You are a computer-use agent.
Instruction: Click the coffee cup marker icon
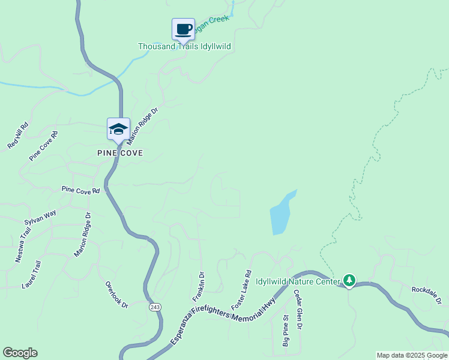click(x=184, y=29)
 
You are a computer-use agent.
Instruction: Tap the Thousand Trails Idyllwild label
click(x=184, y=46)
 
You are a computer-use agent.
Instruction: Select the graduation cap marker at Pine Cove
click(x=118, y=129)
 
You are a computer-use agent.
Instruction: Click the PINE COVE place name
click(x=120, y=153)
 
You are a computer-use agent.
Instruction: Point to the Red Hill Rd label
click(x=17, y=139)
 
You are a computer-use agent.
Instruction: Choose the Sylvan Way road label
click(x=40, y=217)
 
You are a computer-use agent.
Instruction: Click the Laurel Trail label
click(x=30, y=274)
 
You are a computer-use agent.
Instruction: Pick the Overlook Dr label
click(x=117, y=295)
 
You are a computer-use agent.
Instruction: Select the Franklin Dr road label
click(x=198, y=288)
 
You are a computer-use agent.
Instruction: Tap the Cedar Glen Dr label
click(x=298, y=309)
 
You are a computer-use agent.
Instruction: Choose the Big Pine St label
click(x=286, y=331)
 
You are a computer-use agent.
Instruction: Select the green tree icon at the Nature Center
click(x=349, y=280)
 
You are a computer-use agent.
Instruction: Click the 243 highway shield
click(x=155, y=307)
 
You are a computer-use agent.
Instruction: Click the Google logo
click(x=20, y=353)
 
